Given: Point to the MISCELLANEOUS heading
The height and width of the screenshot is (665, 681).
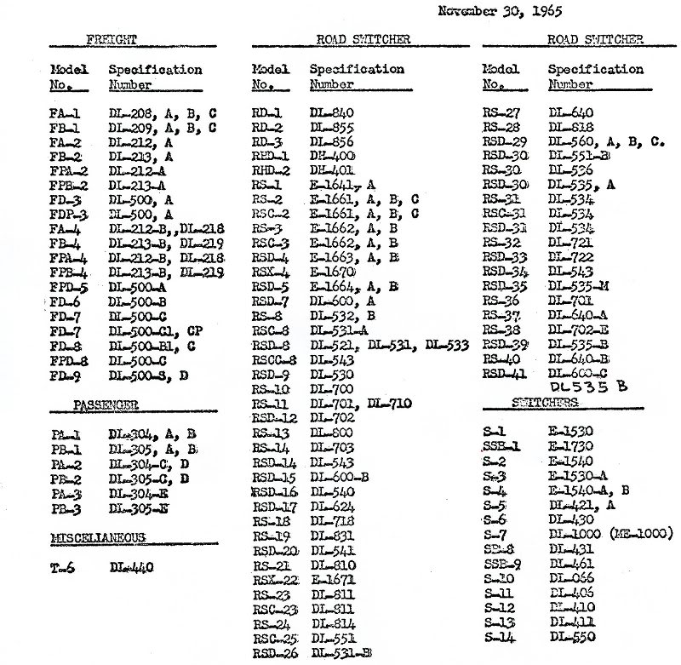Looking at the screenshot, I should pos(97,537).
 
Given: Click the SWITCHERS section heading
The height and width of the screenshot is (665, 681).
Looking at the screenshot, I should pos(546,401).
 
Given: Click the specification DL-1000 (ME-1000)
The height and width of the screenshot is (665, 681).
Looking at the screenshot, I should pos(611,533).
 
